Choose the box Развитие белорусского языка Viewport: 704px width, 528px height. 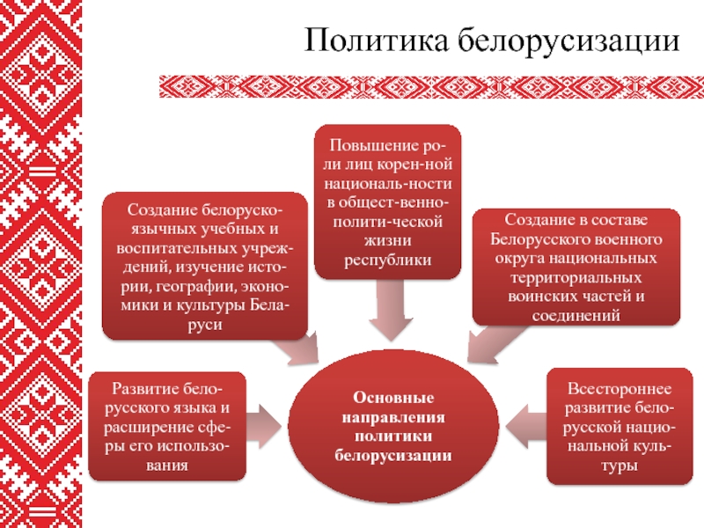pos(167,425)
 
